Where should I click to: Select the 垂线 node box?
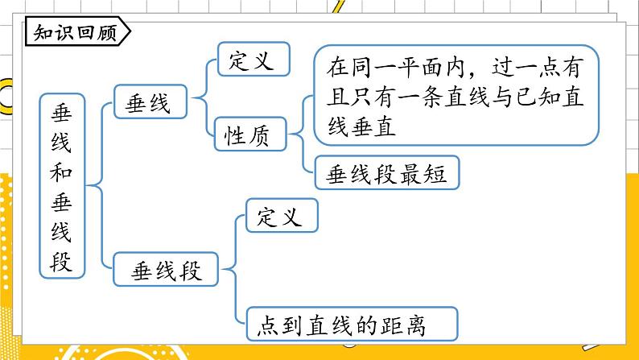149,102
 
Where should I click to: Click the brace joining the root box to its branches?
101,186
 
